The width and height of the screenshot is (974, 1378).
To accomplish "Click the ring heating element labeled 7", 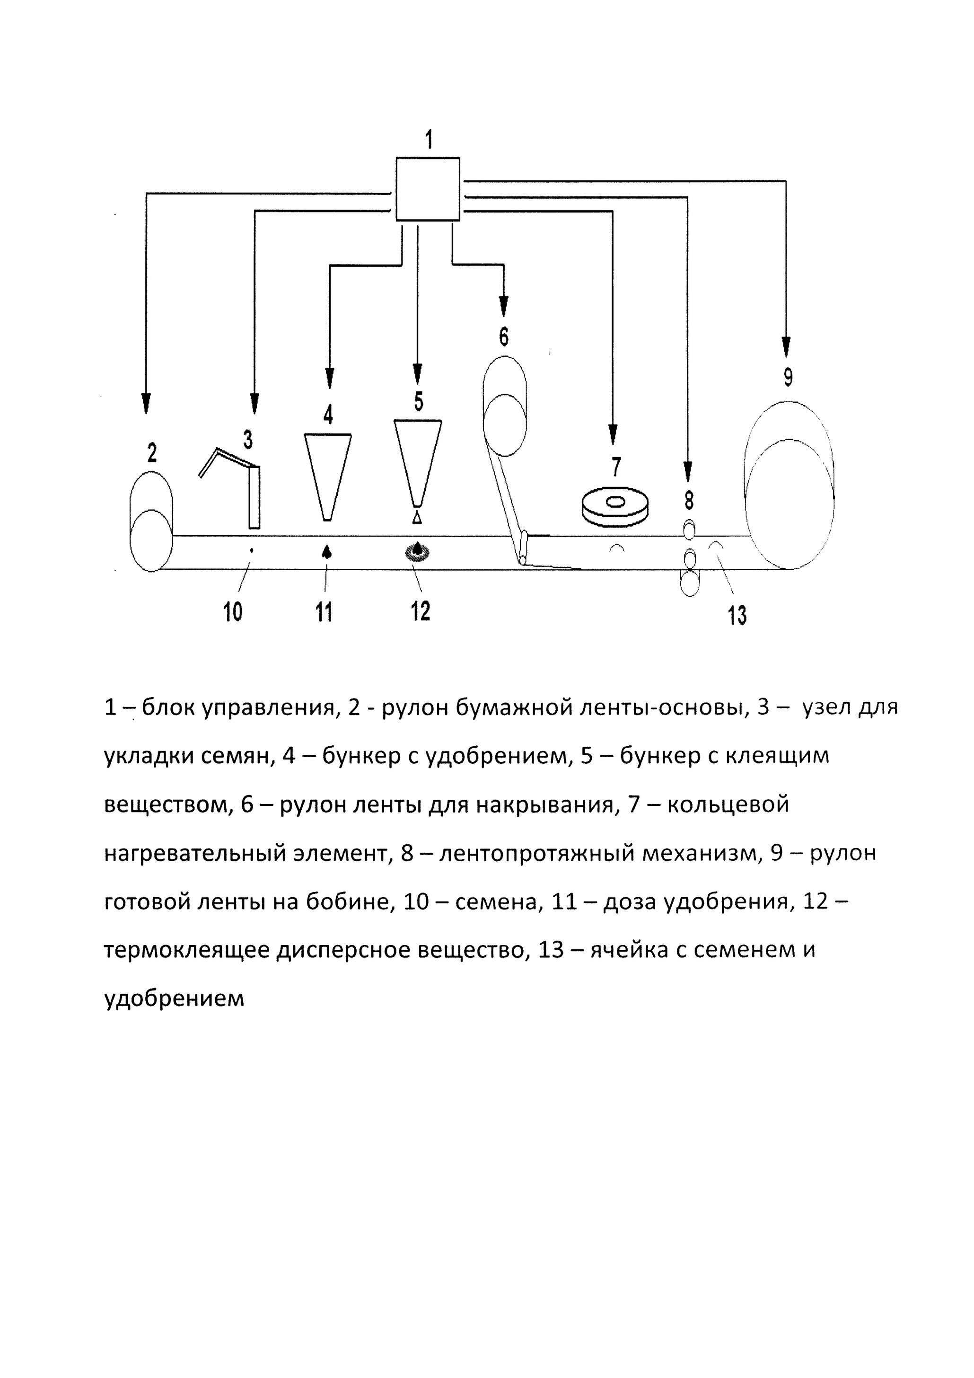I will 616,507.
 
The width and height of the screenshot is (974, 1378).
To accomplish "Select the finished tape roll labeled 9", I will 788,486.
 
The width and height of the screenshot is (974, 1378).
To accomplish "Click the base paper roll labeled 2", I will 151,522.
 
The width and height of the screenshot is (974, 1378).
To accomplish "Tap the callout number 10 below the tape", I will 232,613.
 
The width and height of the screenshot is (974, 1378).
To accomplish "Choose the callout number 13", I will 737,616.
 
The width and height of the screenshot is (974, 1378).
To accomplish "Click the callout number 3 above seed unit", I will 248,440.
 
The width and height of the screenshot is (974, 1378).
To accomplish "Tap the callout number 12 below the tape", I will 420,611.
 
